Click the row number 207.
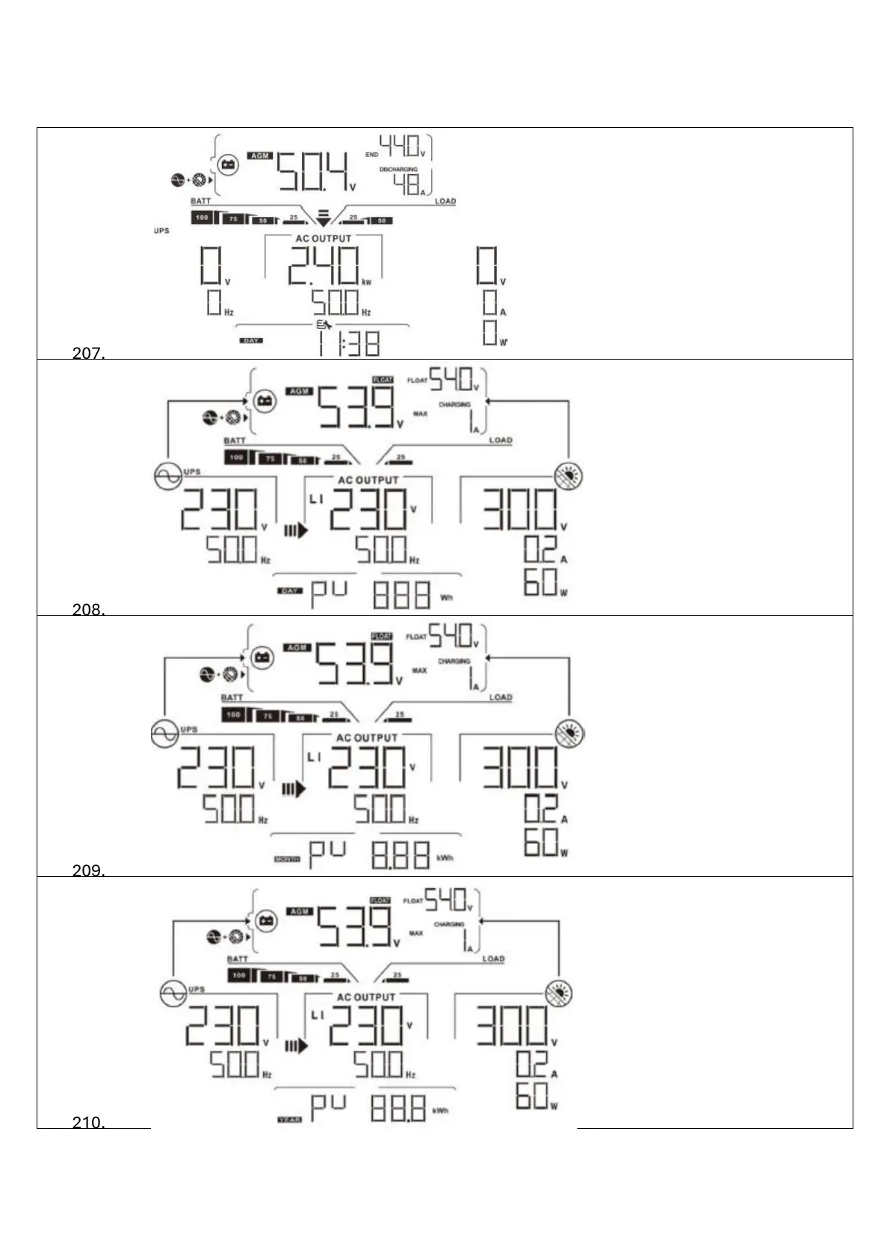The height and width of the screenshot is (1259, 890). tap(88, 353)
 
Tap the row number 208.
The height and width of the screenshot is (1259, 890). tap(88, 609)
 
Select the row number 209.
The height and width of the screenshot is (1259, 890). tap(88, 870)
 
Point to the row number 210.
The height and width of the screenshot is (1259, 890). tap(88, 1122)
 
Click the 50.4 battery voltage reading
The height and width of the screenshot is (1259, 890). tap(313, 173)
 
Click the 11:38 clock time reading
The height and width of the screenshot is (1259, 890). tap(348, 343)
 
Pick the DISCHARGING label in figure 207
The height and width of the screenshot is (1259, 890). tap(398, 170)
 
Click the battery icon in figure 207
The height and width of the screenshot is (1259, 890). tap(229, 164)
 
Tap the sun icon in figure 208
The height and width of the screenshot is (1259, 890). tap(569, 475)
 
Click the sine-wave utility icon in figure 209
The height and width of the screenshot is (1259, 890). tap(164, 733)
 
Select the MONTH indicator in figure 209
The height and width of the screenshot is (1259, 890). tap(287, 859)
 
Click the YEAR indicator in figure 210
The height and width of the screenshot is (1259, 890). tap(289, 1119)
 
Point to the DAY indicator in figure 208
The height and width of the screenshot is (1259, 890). tap(289, 591)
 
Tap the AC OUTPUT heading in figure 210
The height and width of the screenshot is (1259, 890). tap(365, 997)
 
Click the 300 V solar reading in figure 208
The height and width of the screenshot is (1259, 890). tap(519, 510)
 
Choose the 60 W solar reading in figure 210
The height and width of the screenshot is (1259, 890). tap(532, 1096)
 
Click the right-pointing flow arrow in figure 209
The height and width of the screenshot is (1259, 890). tap(294, 788)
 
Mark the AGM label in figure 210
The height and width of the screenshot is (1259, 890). tap(300, 911)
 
